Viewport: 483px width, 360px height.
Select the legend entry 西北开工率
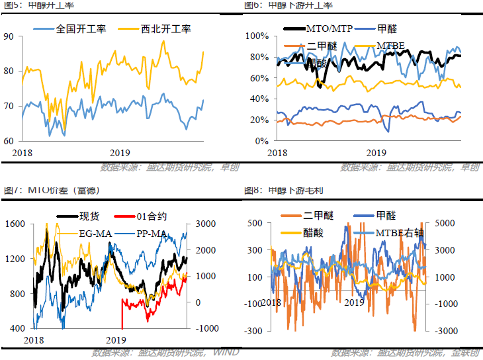point(165,29)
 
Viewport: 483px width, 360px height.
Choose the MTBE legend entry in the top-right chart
point(390,46)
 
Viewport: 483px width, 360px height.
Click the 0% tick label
point(262,141)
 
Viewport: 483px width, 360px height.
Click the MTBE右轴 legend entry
point(400,233)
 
